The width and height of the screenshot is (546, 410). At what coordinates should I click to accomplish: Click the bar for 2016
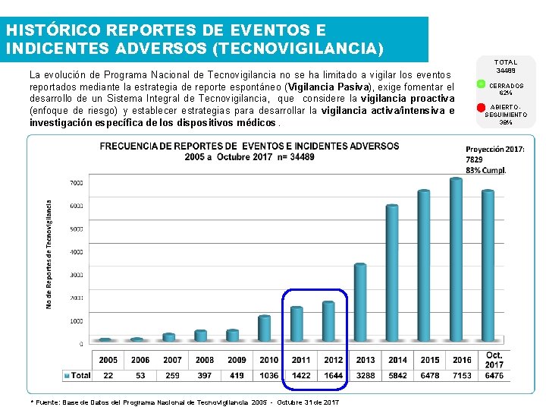click(456, 260)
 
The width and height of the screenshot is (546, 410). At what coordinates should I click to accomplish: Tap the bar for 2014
click(392, 273)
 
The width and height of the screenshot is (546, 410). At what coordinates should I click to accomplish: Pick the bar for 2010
click(265, 328)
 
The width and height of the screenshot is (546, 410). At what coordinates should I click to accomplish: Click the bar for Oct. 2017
click(488, 266)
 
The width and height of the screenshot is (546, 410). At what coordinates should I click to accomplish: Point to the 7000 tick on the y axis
click(77, 183)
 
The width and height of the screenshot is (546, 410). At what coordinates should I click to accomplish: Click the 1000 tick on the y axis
click(77, 321)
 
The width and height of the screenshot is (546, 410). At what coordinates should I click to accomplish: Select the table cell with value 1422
click(301, 375)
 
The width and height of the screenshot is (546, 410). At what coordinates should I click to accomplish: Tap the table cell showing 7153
click(462, 375)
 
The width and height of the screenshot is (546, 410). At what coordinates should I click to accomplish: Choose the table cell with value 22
click(108, 375)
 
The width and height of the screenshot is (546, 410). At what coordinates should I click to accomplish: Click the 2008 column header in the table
click(205, 360)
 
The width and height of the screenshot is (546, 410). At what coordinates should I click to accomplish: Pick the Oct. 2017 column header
click(494, 360)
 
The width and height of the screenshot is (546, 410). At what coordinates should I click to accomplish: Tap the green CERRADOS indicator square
click(480, 84)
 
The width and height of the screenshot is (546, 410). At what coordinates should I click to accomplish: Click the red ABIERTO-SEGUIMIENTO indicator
click(480, 108)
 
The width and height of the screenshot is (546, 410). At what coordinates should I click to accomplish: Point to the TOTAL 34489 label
click(506, 66)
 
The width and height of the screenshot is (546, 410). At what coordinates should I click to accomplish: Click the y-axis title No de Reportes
click(50, 243)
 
